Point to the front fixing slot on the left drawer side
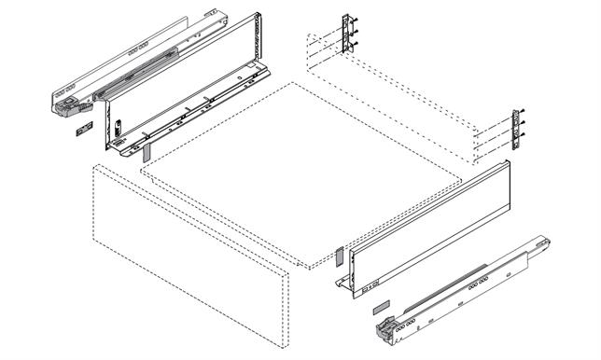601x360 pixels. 120,125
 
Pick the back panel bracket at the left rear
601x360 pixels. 349,34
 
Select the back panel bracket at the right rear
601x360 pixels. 515,129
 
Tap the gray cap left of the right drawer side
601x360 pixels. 340,254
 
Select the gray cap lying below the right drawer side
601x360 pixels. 380,304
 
